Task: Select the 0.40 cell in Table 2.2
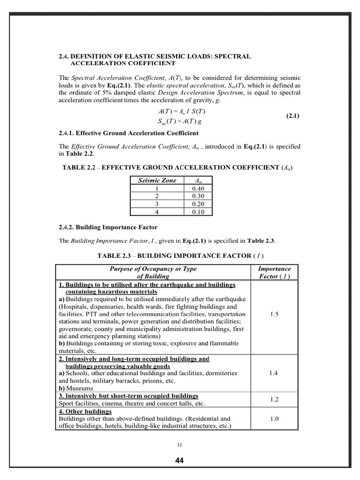(199, 188)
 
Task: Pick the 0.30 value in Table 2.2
(199, 196)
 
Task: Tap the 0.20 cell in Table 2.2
(199, 204)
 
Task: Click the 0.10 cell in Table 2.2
(199, 212)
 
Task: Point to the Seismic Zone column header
(157, 180)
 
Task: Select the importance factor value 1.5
(274, 314)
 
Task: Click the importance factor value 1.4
(274, 373)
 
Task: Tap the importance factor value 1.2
(274, 399)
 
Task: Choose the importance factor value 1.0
(274, 419)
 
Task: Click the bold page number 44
(180, 460)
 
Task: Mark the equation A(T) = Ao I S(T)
(182, 112)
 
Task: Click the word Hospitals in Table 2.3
(75, 307)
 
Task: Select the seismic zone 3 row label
(157, 204)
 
